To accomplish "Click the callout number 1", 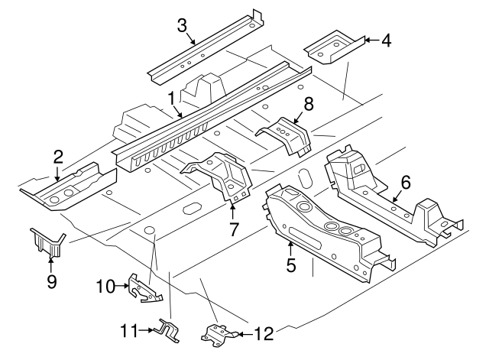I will tap(171, 99).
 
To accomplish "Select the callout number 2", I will tap(57, 158).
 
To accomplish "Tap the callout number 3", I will tap(182, 25).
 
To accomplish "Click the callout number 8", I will tap(308, 102).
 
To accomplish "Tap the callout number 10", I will tap(105, 287).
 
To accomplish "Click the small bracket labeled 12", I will tap(216, 333).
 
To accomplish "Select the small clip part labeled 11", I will tap(167, 329).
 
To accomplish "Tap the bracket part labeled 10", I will tap(143, 287).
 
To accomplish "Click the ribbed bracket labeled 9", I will tap(48, 242).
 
